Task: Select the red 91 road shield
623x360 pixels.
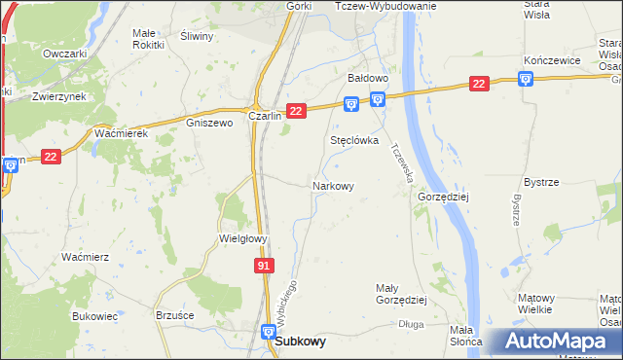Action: [x=266, y=265]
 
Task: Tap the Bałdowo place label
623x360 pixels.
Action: [x=369, y=77]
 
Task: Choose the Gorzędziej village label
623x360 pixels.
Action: [x=443, y=196]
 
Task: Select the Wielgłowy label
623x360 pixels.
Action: [x=242, y=237]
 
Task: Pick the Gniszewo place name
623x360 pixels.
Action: [x=209, y=124]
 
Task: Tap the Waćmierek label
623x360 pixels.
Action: [x=121, y=133]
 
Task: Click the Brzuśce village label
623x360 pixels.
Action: [x=175, y=315]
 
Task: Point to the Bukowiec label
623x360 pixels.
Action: [x=94, y=316]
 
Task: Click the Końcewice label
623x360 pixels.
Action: [x=552, y=60]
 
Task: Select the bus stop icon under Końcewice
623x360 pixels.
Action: [x=527, y=79]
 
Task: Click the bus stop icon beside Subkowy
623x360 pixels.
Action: [x=269, y=332]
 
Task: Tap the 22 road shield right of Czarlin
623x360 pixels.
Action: [x=297, y=112]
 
